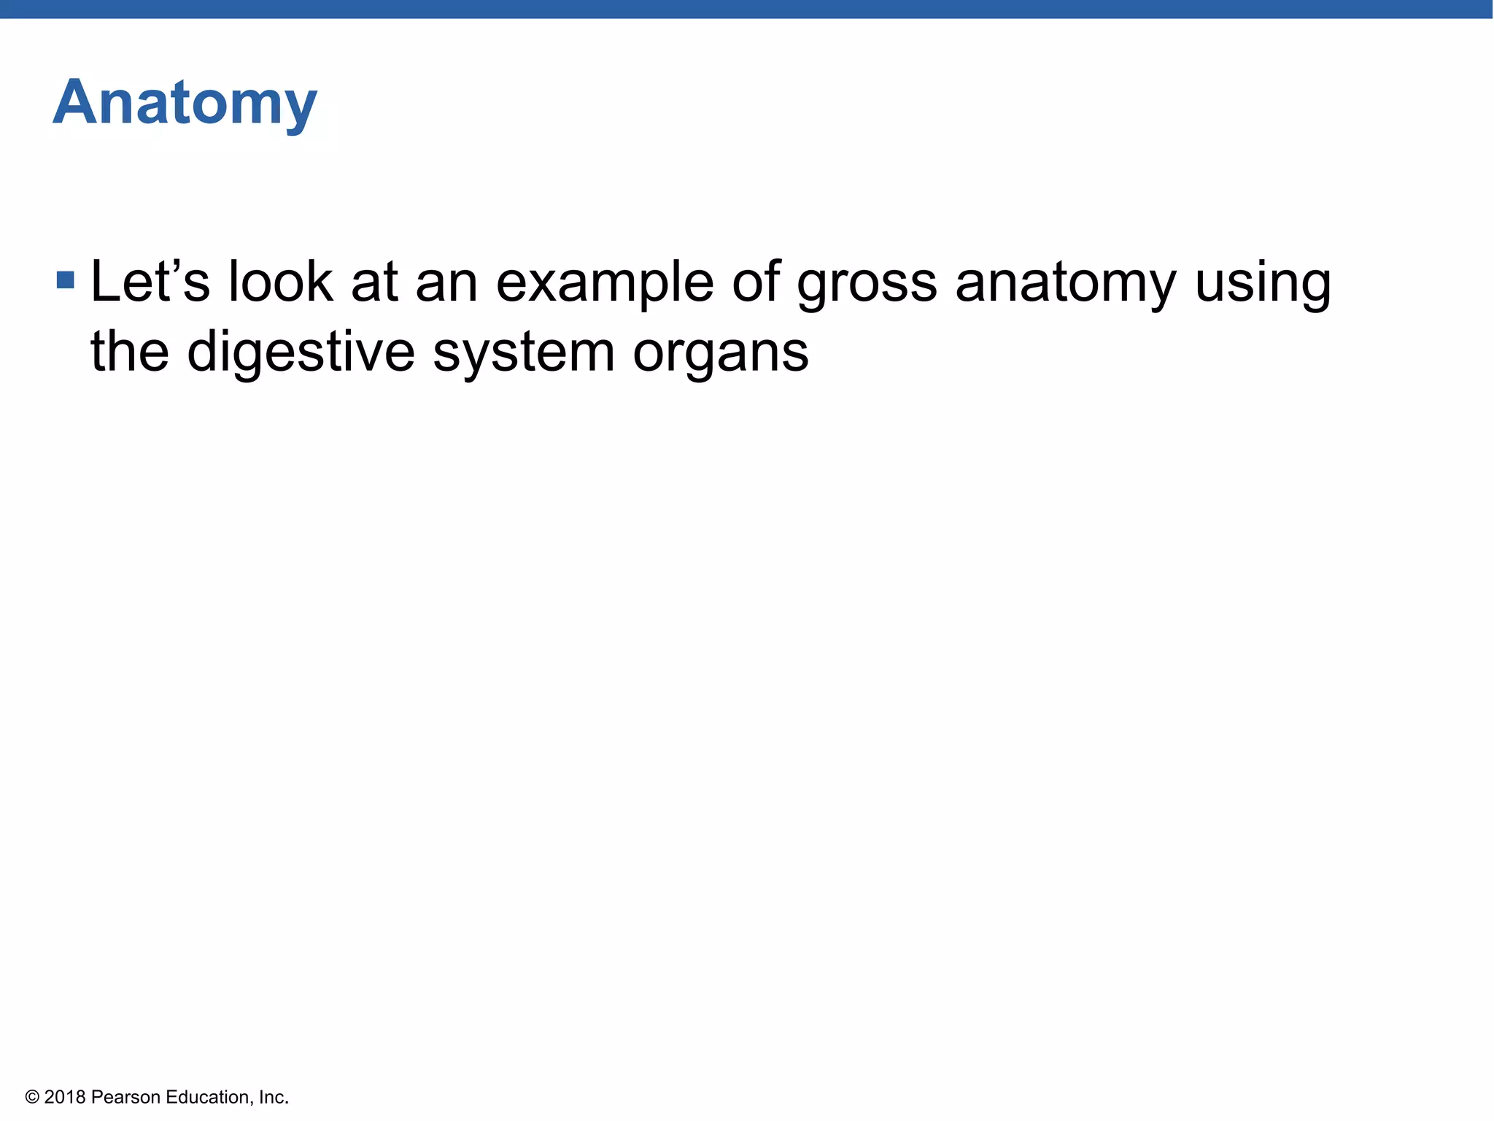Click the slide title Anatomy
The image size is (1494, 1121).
coord(185,104)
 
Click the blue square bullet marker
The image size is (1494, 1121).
coord(66,280)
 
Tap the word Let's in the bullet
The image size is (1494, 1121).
coord(150,282)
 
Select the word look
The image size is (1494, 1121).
coord(280,282)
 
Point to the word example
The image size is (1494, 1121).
coord(604,283)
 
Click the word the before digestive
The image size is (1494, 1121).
coord(130,352)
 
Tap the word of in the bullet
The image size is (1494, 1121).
coord(756,282)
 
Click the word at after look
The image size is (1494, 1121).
coord(374,283)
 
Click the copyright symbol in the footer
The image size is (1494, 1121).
coord(31,1097)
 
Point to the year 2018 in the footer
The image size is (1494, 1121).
coord(65,1097)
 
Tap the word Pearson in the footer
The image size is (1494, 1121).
coord(125,1097)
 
